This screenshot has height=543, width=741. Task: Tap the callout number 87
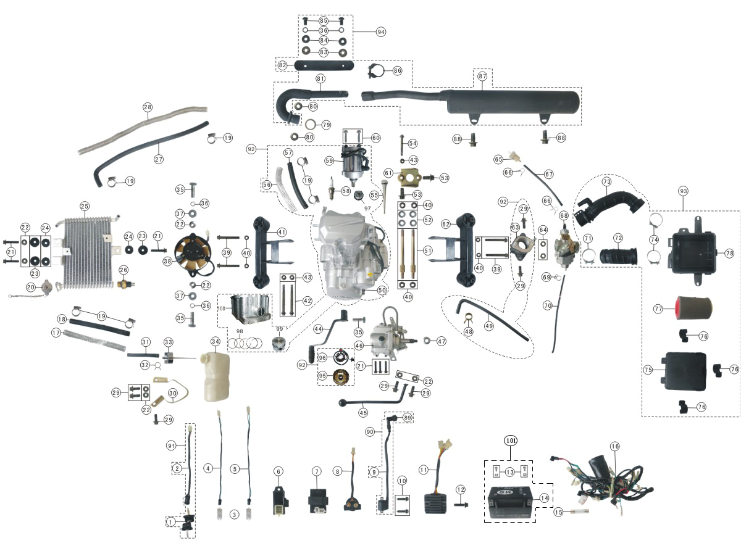click(x=483, y=76)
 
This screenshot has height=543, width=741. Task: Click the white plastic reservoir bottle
click(x=214, y=376)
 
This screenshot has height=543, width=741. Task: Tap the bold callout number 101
click(x=511, y=441)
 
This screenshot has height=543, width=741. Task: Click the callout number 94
click(x=380, y=31)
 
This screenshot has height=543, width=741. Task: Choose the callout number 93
click(x=682, y=190)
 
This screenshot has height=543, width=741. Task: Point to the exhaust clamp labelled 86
click(x=376, y=71)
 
